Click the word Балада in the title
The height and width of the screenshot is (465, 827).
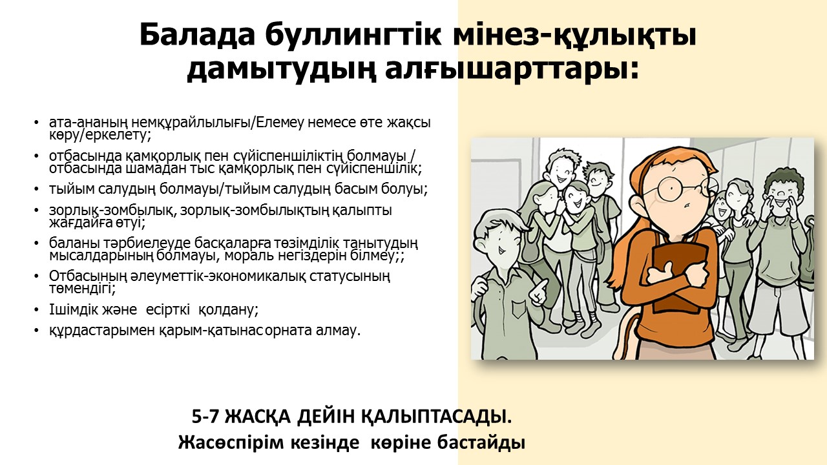pos(197,35)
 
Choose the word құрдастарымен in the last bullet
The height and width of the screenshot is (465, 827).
pos(102,330)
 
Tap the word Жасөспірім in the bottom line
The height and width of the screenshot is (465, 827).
pos(231,442)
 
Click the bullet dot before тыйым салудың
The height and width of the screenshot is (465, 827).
pos(36,189)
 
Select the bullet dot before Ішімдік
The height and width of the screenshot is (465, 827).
pos(36,309)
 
